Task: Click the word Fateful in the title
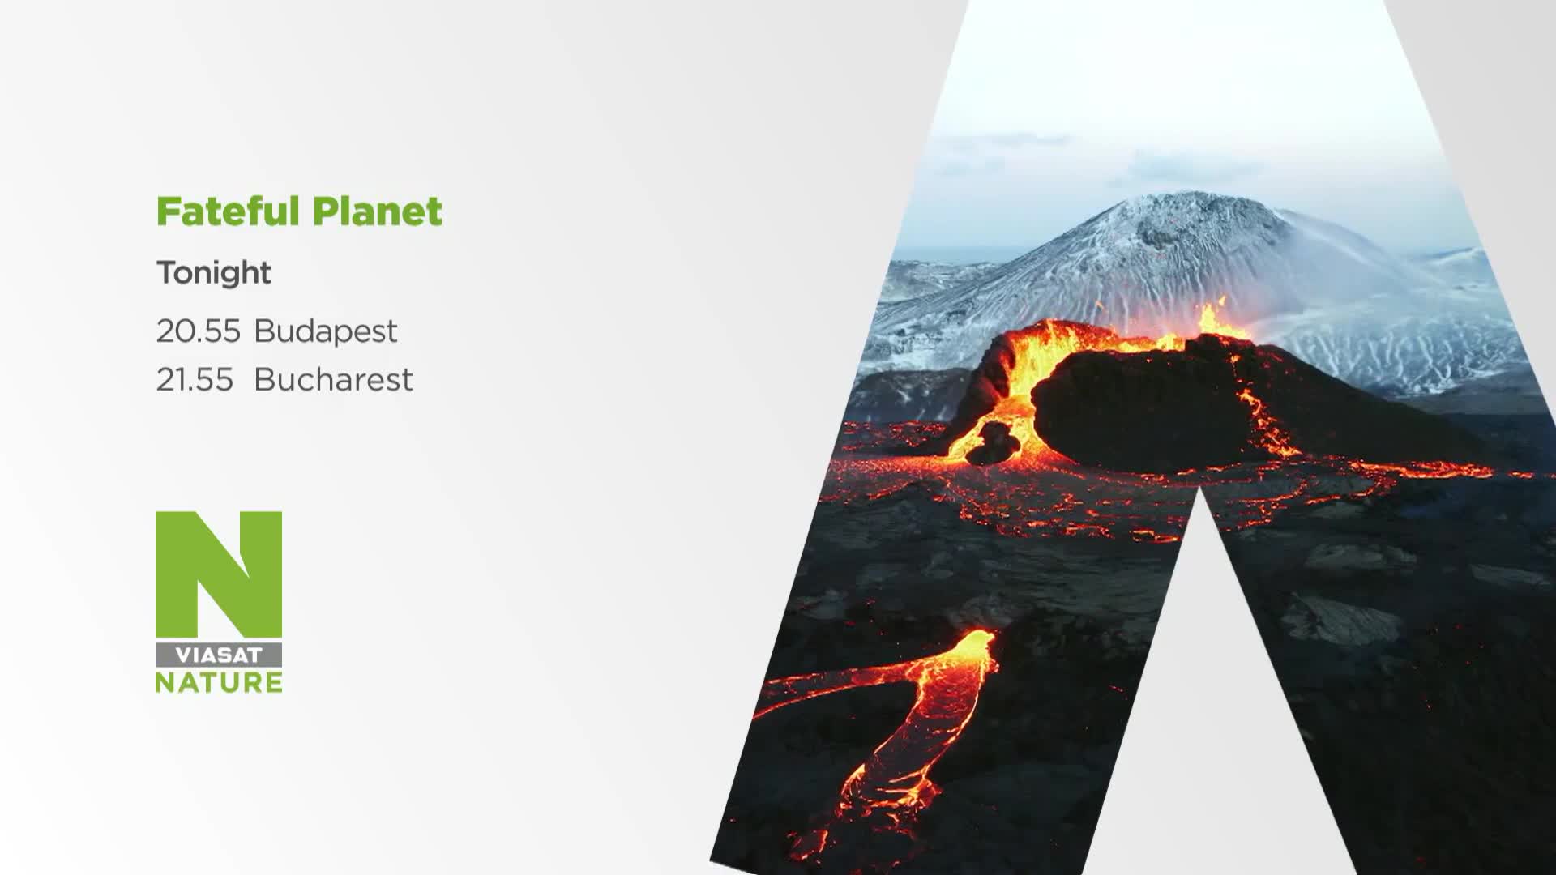tap(228, 211)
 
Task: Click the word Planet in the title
tap(378, 212)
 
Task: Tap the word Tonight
tap(214, 273)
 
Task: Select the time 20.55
tap(199, 331)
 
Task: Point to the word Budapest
tap(326, 331)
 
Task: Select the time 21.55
tap(194, 379)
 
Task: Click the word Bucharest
tap(333, 379)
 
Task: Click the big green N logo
tap(219, 574)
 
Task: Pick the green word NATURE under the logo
tap(219, 682)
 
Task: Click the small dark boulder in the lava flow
tap(994, 442)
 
